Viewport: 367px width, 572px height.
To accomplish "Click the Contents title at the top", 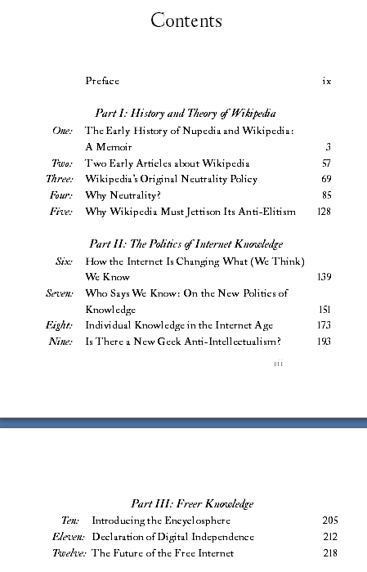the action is point(186,21).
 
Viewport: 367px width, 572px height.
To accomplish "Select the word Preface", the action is point(102,81).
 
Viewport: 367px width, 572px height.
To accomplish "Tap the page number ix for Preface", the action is point(326,81).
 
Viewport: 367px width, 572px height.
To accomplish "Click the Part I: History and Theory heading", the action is point(185,114).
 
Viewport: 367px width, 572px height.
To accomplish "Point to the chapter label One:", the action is point(62,130).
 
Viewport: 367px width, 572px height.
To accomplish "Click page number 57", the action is point(326,163).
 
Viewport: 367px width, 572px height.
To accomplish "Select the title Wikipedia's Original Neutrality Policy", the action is point(171,179).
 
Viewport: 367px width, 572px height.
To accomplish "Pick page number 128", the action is point(324,212).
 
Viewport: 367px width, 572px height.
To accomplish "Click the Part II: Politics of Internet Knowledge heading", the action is point(186,244).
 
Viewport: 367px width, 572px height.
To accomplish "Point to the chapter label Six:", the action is point(64,261).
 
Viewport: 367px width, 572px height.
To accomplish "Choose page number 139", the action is point(324,277).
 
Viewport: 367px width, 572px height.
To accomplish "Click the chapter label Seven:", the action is point(60,293).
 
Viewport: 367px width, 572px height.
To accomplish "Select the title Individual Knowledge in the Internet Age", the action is point(179,325).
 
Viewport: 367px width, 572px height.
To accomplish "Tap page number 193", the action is point(324,342).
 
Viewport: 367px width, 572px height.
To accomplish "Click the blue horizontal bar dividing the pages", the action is point(183,422).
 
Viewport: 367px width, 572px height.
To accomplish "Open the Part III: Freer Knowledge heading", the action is point(192,503).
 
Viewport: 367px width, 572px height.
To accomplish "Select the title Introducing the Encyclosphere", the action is point(161,521).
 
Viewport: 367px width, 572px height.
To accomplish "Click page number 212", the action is point(330,537).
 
